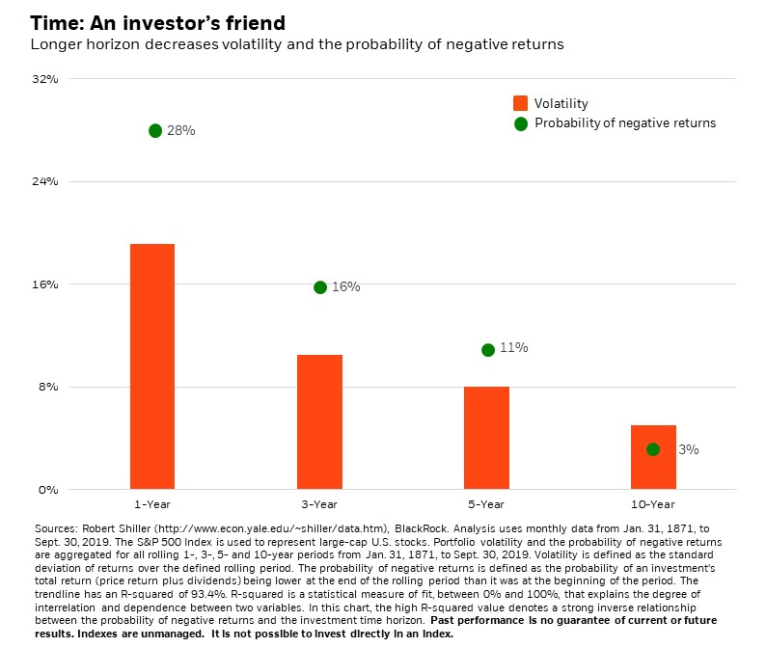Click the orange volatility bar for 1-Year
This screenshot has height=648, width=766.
point(152,366)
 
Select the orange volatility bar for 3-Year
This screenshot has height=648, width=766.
point(319,421)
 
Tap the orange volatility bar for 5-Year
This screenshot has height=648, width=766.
point(486,438)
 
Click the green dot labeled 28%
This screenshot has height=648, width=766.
point(155,130)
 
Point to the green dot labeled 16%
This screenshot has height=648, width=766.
point(320,287)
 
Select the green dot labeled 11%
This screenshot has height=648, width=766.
point(488,350)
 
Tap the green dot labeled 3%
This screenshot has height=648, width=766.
point(653,449)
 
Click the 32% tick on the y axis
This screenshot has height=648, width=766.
point(46,79)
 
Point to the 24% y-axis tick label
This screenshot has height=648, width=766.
point(46,181)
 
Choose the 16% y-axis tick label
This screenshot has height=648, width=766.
point(46,284)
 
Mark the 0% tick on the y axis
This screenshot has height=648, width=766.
point(49,490)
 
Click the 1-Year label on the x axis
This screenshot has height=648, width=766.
point(152,504)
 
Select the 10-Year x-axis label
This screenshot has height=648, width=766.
point(653,504)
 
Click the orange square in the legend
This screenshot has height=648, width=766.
point(521,103)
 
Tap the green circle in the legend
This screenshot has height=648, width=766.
point(521,123)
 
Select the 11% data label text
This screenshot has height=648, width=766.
point(514,347)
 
